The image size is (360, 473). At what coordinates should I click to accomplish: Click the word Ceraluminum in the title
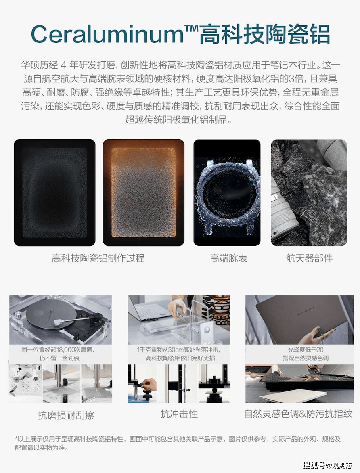(107, 34)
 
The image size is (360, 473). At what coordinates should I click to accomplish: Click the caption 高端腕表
(229, 258)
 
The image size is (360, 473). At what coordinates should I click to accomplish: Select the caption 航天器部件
(309, 258)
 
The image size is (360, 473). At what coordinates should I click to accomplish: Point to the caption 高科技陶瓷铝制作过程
(98, 258)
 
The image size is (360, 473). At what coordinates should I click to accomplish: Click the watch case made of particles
(227, 196)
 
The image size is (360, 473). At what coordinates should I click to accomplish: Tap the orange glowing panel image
(144, 193)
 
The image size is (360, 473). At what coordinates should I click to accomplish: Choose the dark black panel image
(54, 193)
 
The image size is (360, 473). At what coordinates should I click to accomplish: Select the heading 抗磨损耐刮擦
(66, 415)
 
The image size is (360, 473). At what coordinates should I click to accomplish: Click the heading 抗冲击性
(179, 414)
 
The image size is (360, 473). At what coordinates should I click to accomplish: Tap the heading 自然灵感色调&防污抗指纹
(298, 414)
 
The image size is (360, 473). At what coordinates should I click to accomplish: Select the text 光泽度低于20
(306, 350)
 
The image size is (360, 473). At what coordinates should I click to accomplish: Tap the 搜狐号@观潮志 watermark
(328, 465)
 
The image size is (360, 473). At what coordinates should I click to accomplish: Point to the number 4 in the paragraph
(63, 65)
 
